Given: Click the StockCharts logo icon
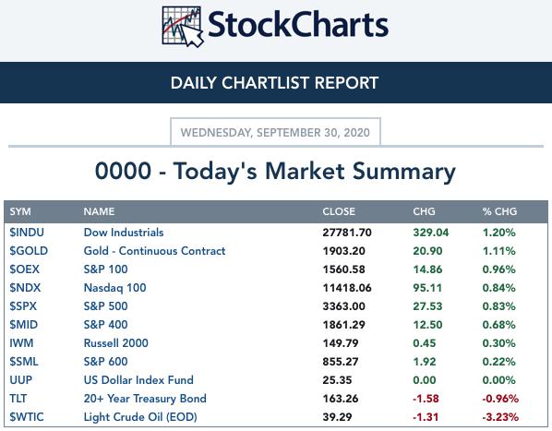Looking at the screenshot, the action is [183, 27].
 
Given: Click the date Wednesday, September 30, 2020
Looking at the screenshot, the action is [275, 133].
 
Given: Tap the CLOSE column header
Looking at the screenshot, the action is [339, 211].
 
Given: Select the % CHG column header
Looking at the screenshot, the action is [499, 211].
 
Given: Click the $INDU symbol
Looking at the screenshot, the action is [27, 233].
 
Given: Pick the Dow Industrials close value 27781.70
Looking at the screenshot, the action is [347, 233].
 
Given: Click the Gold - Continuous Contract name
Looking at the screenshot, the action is [154, 251].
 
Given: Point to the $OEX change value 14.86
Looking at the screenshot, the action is [427, 269].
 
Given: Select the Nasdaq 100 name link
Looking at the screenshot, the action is [114, 288].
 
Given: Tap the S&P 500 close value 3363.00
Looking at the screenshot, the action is [343, 306].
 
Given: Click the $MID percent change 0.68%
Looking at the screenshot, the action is [498, 325].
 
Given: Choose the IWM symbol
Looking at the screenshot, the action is [21, 343].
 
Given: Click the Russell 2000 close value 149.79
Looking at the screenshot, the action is [341, 343].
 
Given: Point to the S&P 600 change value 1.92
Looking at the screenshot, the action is [425, 362].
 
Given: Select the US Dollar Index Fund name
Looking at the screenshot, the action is [138, 380].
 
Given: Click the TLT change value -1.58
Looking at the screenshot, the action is [426, 399].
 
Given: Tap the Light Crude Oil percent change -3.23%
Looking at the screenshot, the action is [500, 417].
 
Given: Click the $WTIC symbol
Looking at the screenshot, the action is [27, 417].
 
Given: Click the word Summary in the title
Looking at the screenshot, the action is [404, 172].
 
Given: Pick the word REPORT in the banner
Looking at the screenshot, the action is [346, 83].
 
